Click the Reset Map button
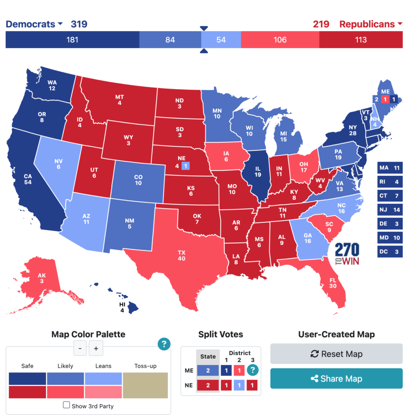click(x=336, y=354)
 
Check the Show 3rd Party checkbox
click(x=67, y=405)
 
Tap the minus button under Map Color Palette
click(x=80, y=348)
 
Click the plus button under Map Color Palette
click(x=96, y=348)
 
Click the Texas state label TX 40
click(x=181, y=255)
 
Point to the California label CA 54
click(x=28, y=179)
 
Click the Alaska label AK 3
click(x=42, y=278)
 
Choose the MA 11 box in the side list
click(x=390, y=167)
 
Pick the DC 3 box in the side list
click(x=390, y=252)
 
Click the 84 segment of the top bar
click(x=170, y=40)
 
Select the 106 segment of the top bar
click(x=280, y=40)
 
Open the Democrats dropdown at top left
click(x=34, y=24)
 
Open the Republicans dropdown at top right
click(x=371, y=24)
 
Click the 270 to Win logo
click(x=347, y=254)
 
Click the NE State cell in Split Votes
click(x=208, y=385)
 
